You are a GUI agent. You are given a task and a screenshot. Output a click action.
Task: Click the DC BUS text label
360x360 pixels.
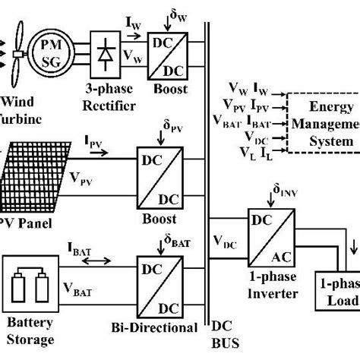221,335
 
